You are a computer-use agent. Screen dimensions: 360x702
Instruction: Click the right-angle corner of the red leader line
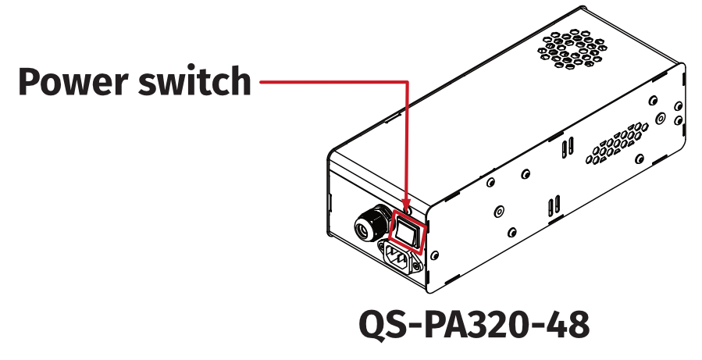407,81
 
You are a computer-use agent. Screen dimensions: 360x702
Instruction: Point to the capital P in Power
30,81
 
